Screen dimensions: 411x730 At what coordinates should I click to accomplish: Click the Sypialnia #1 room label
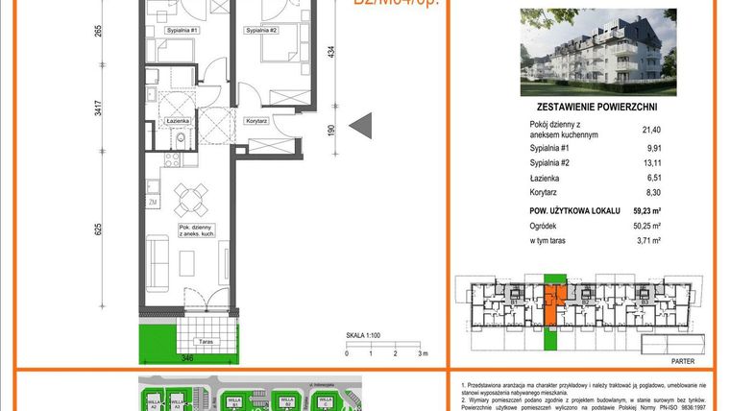182,31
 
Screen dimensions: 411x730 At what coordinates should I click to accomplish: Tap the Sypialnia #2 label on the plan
261,31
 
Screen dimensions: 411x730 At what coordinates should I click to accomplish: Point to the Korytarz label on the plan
255,121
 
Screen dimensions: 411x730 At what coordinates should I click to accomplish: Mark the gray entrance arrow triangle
361,125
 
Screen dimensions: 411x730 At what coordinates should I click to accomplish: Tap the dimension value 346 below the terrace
188,358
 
